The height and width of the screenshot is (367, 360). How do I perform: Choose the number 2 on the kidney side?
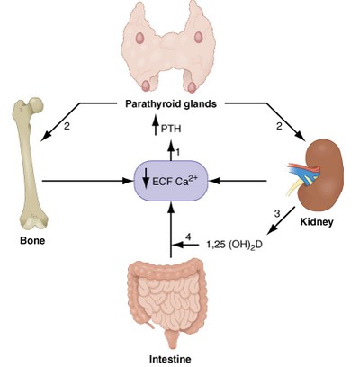coord(279,127)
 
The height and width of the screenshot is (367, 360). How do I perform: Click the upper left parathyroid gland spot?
coord(143,39)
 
